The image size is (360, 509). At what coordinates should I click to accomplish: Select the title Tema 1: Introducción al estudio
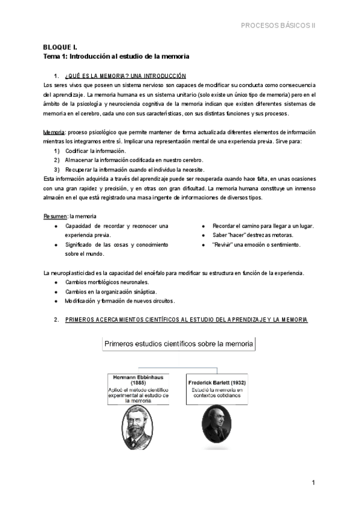pyautogui.click(x=116, y=56)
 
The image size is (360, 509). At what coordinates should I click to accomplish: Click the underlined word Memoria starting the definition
pyautogui.click(x=55, y=132)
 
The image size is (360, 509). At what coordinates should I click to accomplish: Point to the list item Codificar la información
pyautogui.click(x=95, y=151)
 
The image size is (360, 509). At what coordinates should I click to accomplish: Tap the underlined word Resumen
pyautogui.click(x=56, y=216)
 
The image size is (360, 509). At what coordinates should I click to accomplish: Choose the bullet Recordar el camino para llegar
pyautogui.click(x=263, y=226)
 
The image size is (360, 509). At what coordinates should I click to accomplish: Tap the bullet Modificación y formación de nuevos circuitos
pyautogui.click(x=124, y=301)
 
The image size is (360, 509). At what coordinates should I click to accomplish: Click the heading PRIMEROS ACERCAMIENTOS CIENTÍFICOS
pyautogui.click(x=186, y=320)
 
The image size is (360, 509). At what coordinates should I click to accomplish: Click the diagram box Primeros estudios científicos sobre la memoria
pyautogui.click(x=179, y=345)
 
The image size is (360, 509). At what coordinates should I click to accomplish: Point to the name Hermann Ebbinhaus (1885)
pyautogui.click(x=138, y=381)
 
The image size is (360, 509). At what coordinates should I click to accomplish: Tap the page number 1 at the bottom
pyautogui.click(x=313, y=483)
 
